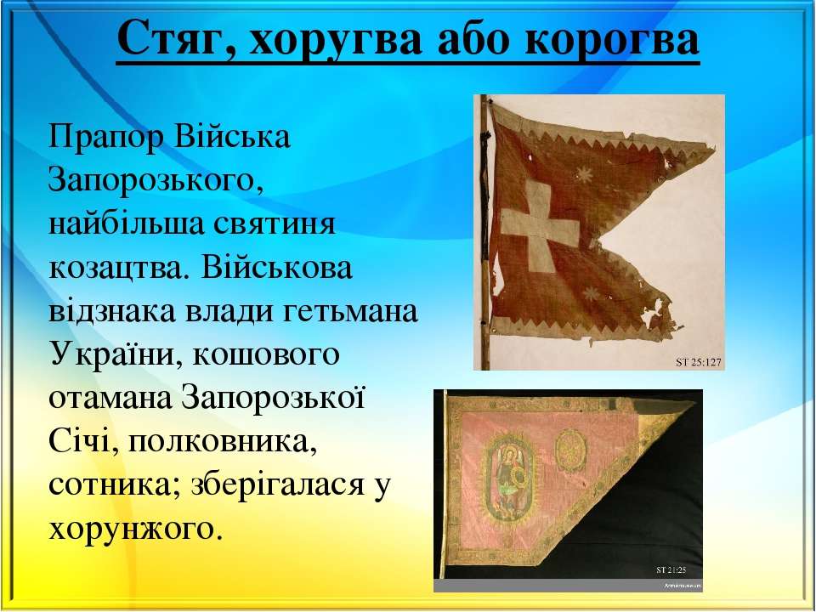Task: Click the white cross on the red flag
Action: point(539,226)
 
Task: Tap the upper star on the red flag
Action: point(585,174)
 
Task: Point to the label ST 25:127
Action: point(699,362)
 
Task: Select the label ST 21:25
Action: point(671,570)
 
